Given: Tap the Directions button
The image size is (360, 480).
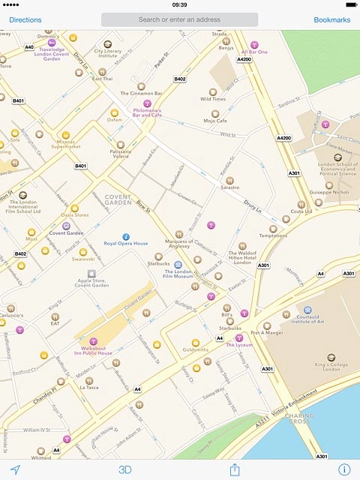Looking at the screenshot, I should click(x=25, y=19).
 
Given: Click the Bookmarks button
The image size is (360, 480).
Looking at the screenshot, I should click(x=331, y=19).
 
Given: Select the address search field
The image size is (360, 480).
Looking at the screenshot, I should click(x=179, y=19).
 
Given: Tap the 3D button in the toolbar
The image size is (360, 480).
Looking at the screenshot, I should click(x=125, y=469).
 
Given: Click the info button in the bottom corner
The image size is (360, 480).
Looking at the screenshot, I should click(x=343, y=469).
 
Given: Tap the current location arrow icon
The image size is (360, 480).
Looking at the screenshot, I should click(x=15, y=469).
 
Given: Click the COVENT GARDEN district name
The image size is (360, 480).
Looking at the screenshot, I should click(x=118, y=200).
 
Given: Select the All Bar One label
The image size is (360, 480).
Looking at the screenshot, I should click(x=254, y=52).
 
